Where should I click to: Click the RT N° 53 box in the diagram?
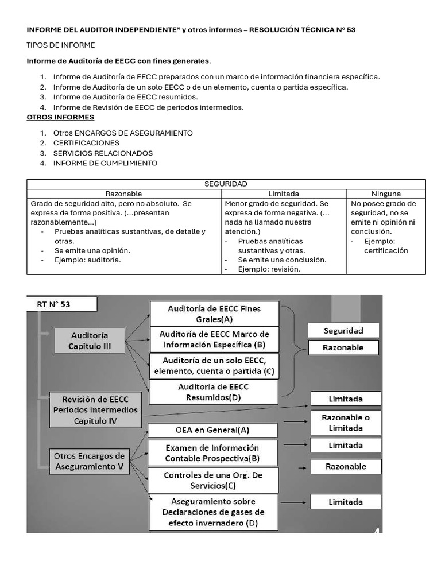(61, 304)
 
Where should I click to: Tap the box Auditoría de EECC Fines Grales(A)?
(214, 314)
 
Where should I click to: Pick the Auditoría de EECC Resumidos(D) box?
(213, 392)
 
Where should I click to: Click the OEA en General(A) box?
(212, 430)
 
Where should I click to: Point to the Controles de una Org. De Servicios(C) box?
(213, 481)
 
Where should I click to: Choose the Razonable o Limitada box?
(346, 423)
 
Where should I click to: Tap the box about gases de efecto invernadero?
(213, 512)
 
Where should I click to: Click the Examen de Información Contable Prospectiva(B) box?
(212, 452)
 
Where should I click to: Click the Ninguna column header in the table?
(386, 194)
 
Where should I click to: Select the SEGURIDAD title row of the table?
(226, 184)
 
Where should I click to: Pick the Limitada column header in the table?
(284, 194)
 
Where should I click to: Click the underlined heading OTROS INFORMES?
(60, 117)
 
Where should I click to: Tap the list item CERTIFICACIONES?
(86, 143)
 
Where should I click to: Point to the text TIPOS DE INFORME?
(61, 45)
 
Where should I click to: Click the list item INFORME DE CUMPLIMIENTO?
(105, 163)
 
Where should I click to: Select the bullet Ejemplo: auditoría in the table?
(88, 260)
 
